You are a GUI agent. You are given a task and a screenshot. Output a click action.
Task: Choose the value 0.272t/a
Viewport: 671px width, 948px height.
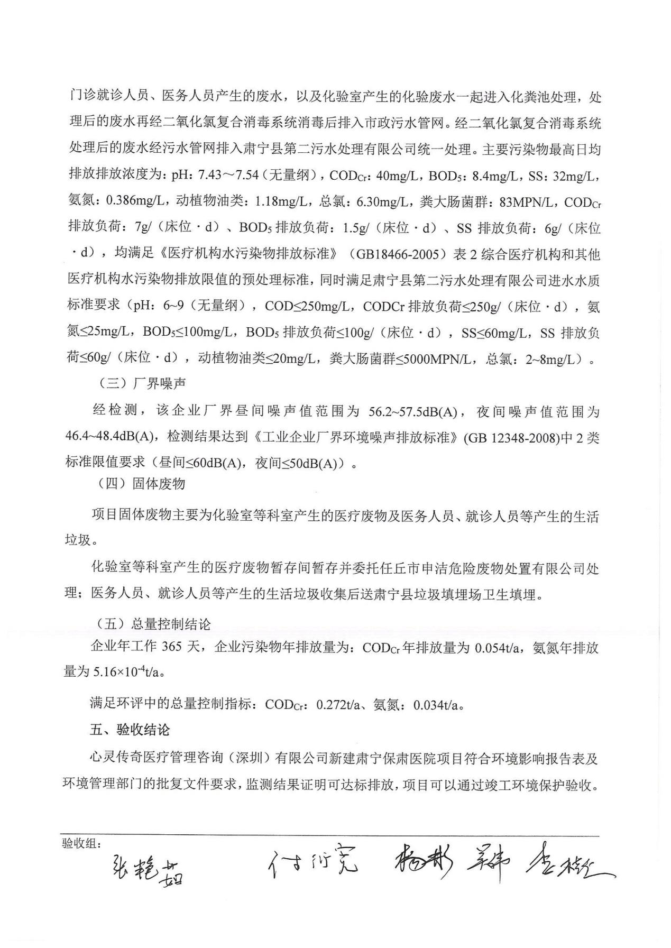click(337, 704)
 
